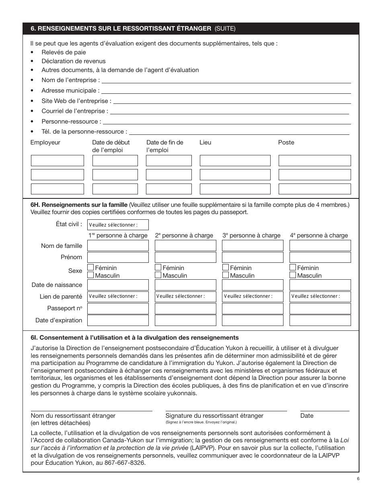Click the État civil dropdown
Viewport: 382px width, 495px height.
[x=118, y=225]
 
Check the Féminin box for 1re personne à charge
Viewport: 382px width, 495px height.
[x=91, y=268]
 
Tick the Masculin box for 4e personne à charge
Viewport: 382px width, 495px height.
[x=293, y=275]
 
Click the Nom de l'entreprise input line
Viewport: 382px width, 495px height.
[x=226, y=80]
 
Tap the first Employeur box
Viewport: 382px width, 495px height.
[x=58, y=161]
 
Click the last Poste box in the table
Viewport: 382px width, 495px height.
[x=314, y=189]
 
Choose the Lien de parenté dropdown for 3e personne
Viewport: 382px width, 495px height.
[x=253, y=297]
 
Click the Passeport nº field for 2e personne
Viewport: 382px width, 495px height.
[x=185, y=309]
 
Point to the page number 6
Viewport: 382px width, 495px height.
[x=357, y=479]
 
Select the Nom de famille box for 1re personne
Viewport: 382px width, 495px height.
[x=118, y=245]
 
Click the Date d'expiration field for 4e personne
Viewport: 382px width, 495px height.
[x=320, y=320]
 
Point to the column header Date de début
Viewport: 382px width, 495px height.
[x=111, y=142]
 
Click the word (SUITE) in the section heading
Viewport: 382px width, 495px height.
[x=225, y=29]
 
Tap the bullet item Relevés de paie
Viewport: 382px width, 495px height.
[x=64, y=52]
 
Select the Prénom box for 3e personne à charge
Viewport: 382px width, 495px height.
[x=253, y=257]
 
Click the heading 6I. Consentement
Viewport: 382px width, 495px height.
[x=135, y=338]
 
